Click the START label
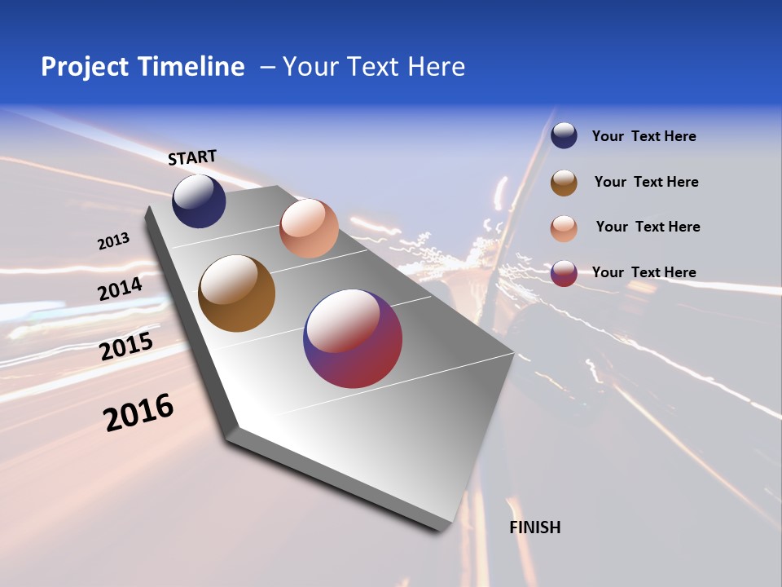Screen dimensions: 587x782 click(x=192, y=157)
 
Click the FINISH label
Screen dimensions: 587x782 click(x=535, y=527)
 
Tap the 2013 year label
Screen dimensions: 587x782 click(x=113, y=241)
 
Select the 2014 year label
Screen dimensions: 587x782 click(x=120, y=289)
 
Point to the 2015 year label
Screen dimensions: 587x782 click(x=126, y=346)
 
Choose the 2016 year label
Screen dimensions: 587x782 click(x=138, y=413)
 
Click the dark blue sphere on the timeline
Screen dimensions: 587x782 click(x=199, y=201)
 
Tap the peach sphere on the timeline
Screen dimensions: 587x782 click(x=309, y=228)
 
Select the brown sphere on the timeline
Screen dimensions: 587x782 click(x=236, y=293)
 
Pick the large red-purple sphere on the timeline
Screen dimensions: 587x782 click(x=353, y=338)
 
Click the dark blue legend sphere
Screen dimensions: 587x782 click(x=564, y=136)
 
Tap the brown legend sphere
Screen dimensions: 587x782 click(x=564, y=183)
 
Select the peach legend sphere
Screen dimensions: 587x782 click(x=564, y=228)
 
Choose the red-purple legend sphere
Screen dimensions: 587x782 click(x=564, y=273)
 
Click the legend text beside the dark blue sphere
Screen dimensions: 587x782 click(x=644, y=137)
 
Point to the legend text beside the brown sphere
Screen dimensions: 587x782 click(x=646, y=182)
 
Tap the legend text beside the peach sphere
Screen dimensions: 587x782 click(x=648, y=227)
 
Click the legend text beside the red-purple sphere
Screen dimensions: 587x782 click(x=644, y=272)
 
